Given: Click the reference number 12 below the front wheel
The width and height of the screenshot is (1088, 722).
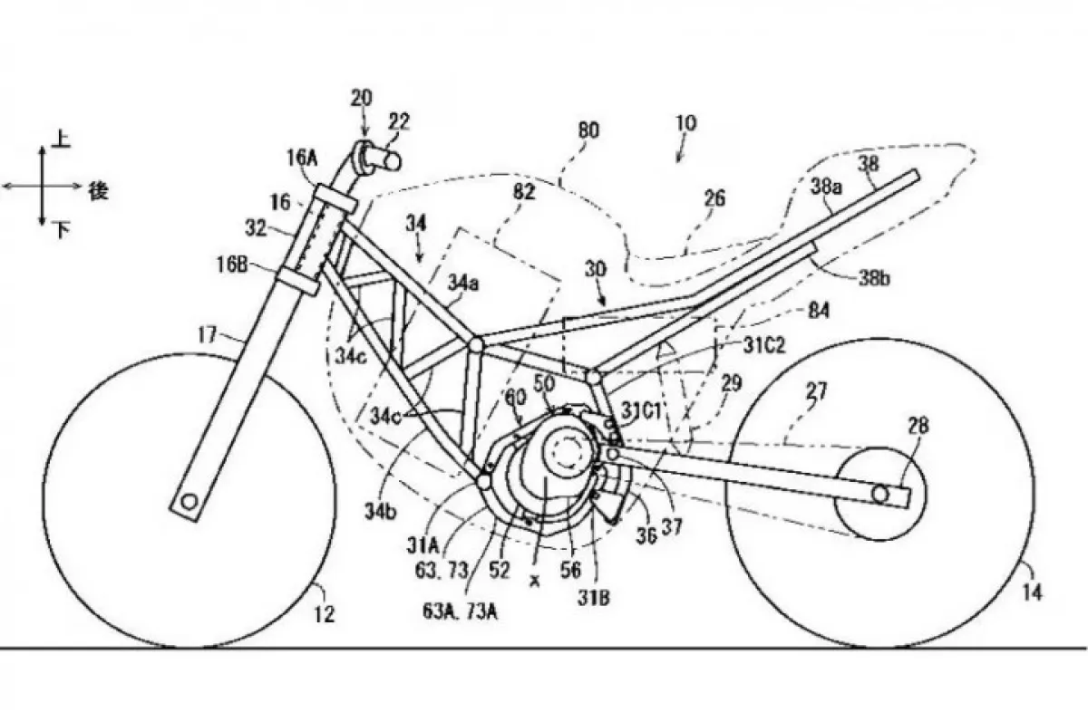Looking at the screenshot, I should coord(325,614).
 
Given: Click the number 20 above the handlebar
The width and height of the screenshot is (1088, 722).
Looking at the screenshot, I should coord(361,98).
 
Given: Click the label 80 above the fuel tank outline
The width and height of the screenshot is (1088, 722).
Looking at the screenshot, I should coord(588,131).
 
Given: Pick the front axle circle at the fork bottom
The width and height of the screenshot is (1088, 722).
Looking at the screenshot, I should coord(188,501).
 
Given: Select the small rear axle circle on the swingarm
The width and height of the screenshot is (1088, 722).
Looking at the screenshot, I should coord(879,492).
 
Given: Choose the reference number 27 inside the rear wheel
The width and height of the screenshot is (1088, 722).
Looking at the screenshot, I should coord(819,391).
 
